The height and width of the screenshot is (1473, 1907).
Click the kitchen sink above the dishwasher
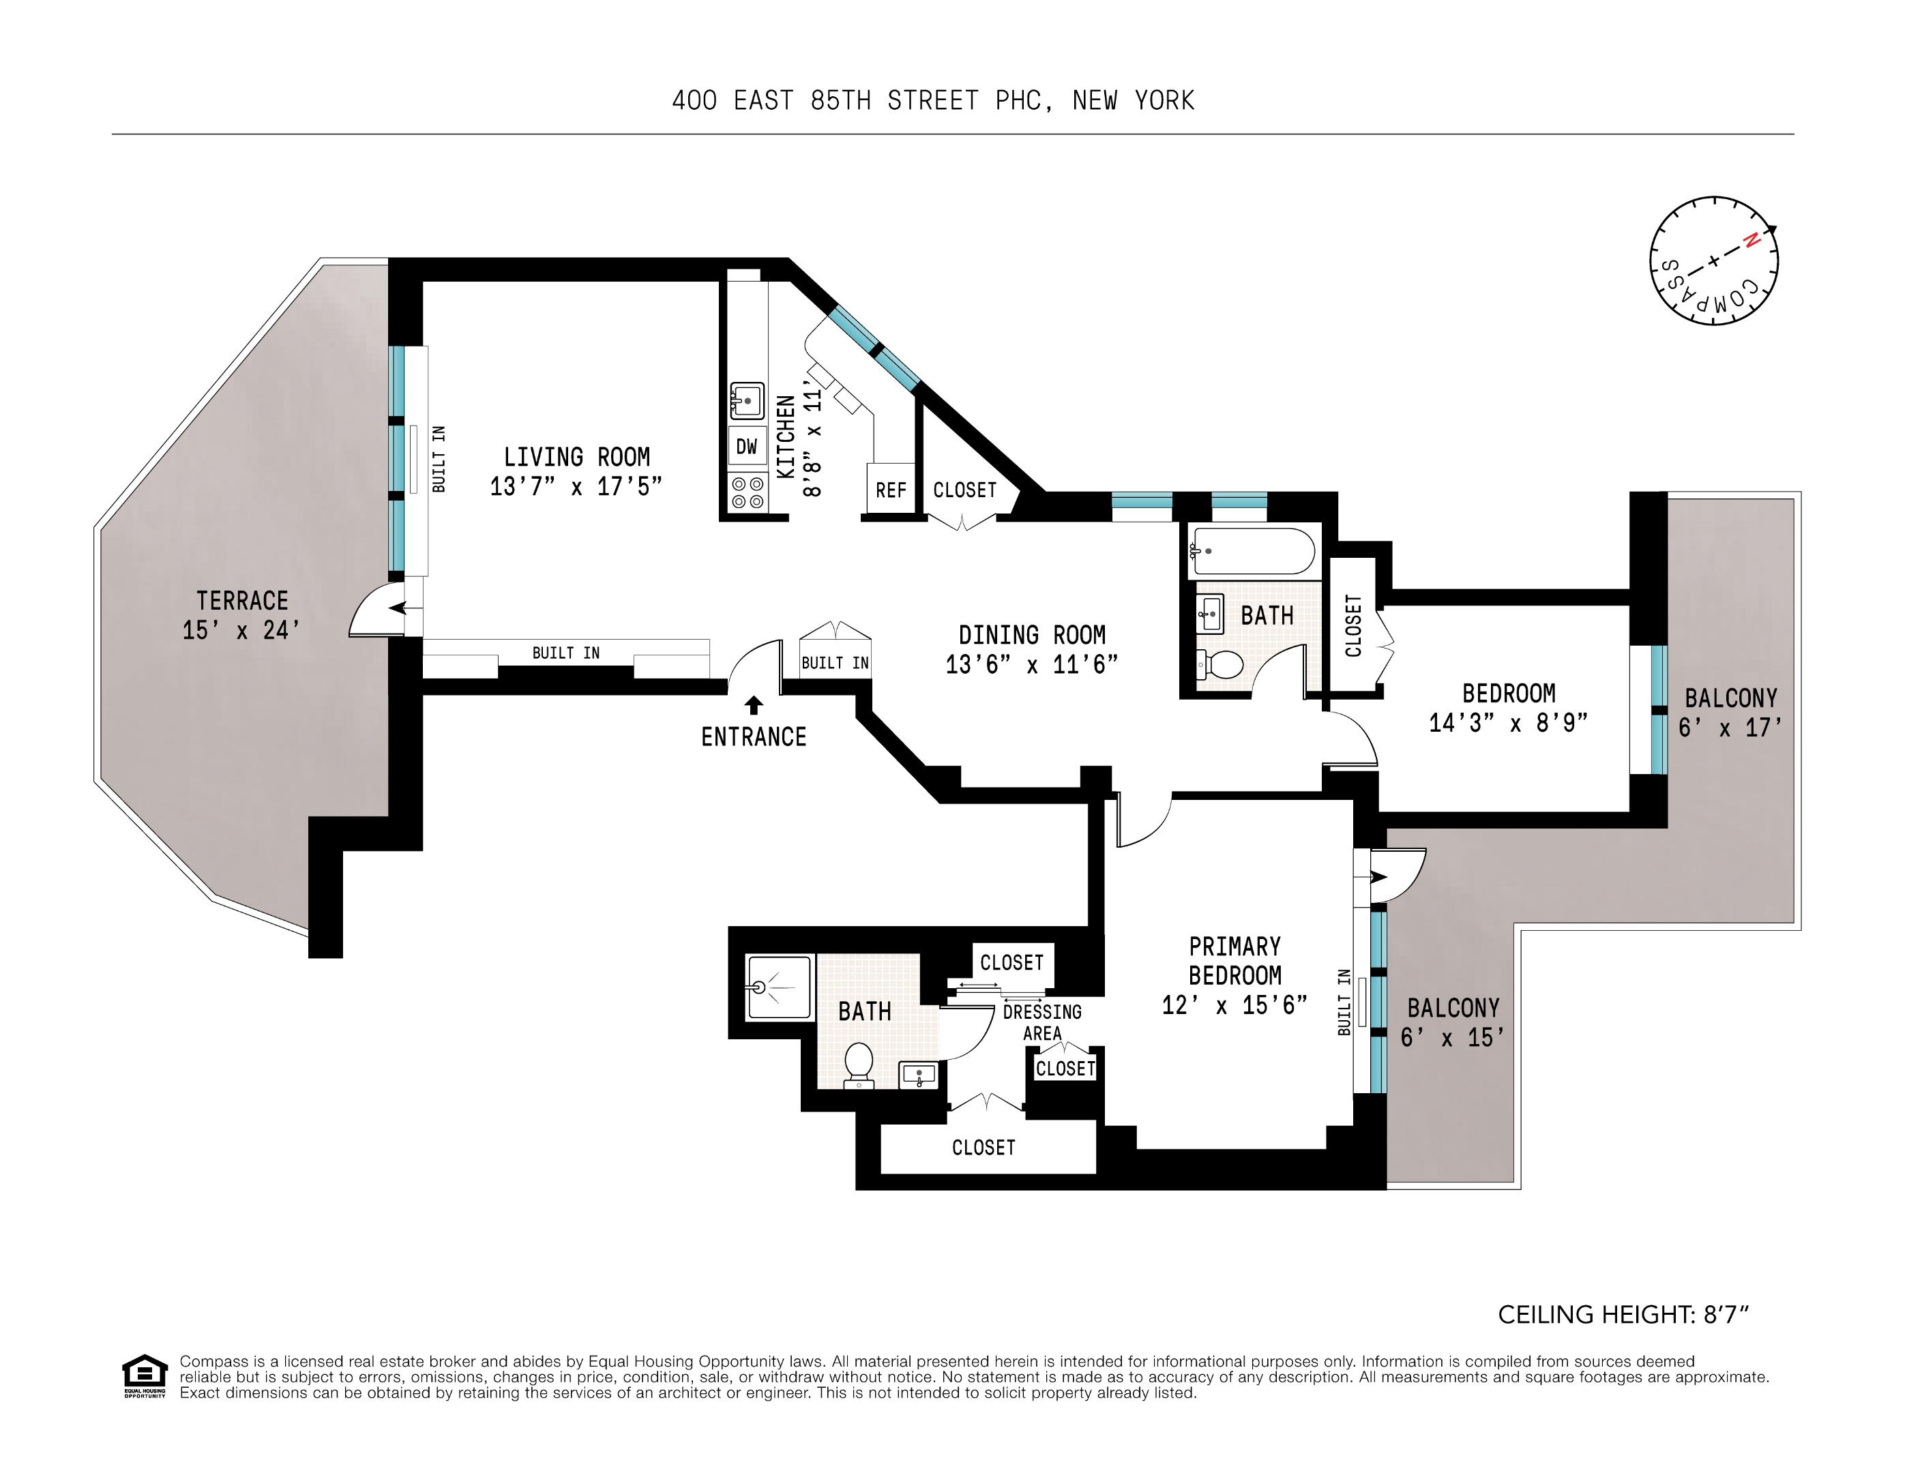(x=747, y=402)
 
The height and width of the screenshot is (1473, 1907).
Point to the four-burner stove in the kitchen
(x=748, y=492)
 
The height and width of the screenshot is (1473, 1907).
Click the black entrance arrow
(x=754, y=704)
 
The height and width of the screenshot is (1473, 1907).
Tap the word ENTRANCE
(x=754, y=737)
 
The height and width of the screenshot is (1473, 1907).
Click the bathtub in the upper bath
(x=1252, y=551)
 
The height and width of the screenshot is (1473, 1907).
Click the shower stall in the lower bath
(x=779, y=987)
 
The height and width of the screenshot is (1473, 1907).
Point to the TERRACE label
(x=242, y=601)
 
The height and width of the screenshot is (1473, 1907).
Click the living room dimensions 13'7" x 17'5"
(x=576, y=487)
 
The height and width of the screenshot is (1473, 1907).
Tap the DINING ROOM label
(x=1031, y=635)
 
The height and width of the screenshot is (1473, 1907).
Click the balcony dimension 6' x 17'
(x=1730, y=728)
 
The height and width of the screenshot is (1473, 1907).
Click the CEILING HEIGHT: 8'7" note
(x=1623, y=1315)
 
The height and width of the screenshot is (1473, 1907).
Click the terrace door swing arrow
(x=397, y=608)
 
